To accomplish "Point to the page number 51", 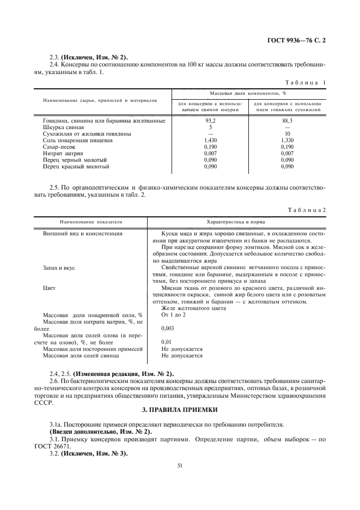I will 180,465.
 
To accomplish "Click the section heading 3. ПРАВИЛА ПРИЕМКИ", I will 180,409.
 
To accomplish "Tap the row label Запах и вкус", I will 58,268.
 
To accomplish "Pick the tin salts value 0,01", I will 167,342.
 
